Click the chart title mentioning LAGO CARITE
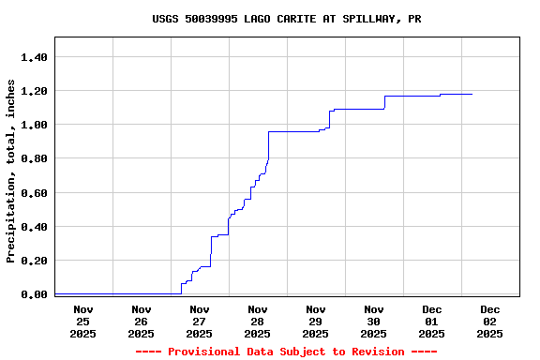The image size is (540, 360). pos(286,19)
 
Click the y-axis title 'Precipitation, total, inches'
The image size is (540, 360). pos(11,171)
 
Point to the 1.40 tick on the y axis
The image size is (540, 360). pos(34,57)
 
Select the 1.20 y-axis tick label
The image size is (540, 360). pos(34,91)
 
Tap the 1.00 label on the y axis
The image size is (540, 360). pos(34,125)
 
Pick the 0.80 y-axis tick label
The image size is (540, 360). pos(34,158)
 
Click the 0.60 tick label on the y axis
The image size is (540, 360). pos(34,193)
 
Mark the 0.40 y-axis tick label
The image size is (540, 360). pos(34,227)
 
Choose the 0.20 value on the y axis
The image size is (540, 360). pos(34,261)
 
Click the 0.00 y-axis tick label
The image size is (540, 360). pos(34,294)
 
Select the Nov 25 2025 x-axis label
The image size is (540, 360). pos(82,321)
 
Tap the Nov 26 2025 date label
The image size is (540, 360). pos(141,321)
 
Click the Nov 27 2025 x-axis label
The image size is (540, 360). pos(199,321)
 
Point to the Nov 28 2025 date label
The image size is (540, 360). pos(257,321)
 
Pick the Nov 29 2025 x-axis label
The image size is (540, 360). pos(315,321)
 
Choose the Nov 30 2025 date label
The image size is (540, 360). pos(373,321)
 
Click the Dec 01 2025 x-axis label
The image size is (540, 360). pos(431,321)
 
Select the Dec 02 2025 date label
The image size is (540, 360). pos(489,321)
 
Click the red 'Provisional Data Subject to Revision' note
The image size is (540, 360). pos(286,352)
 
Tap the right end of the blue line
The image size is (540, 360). pos(472,94)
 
